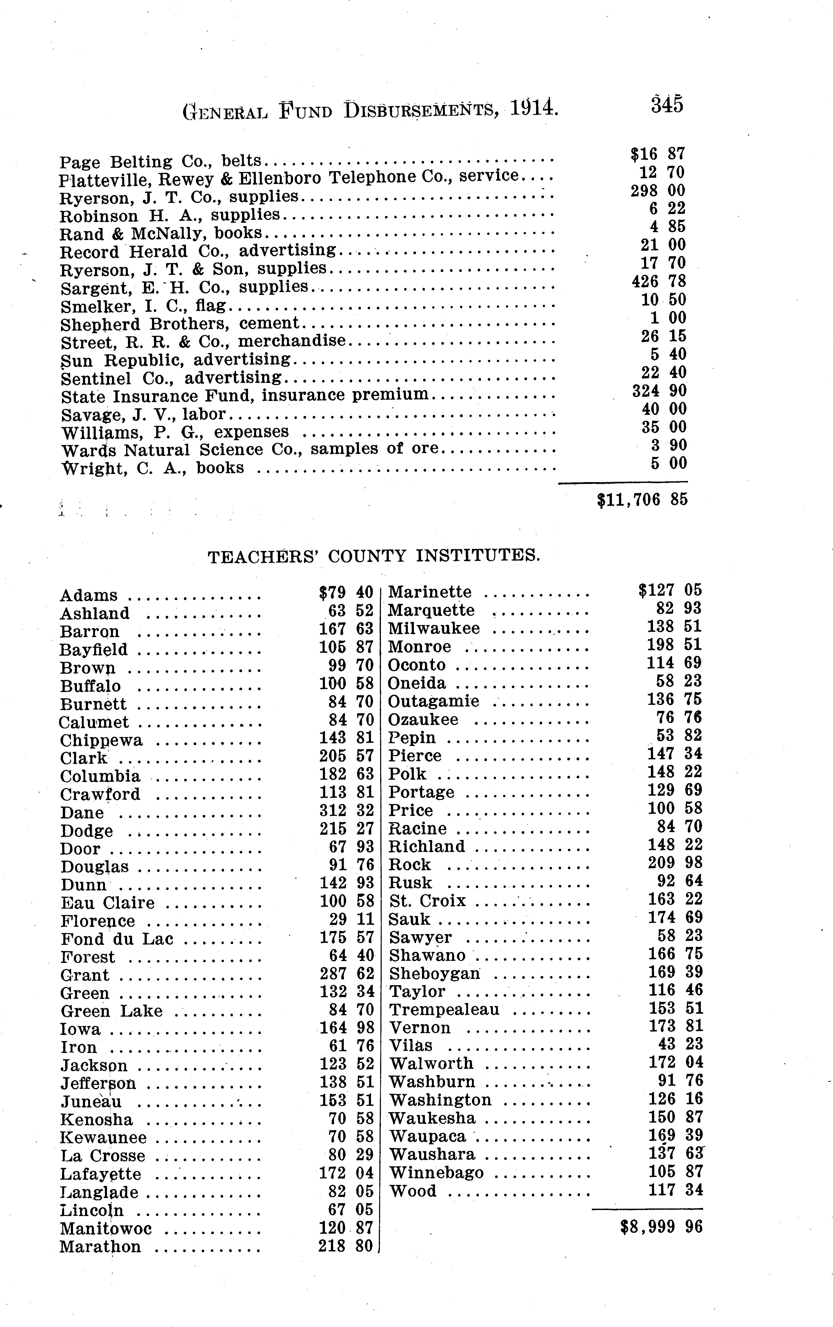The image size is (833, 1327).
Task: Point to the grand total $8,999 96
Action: click(661, 1227)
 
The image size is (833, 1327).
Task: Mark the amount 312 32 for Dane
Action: click(347, 810)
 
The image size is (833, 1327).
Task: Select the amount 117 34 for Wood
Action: click(676, 1190)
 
